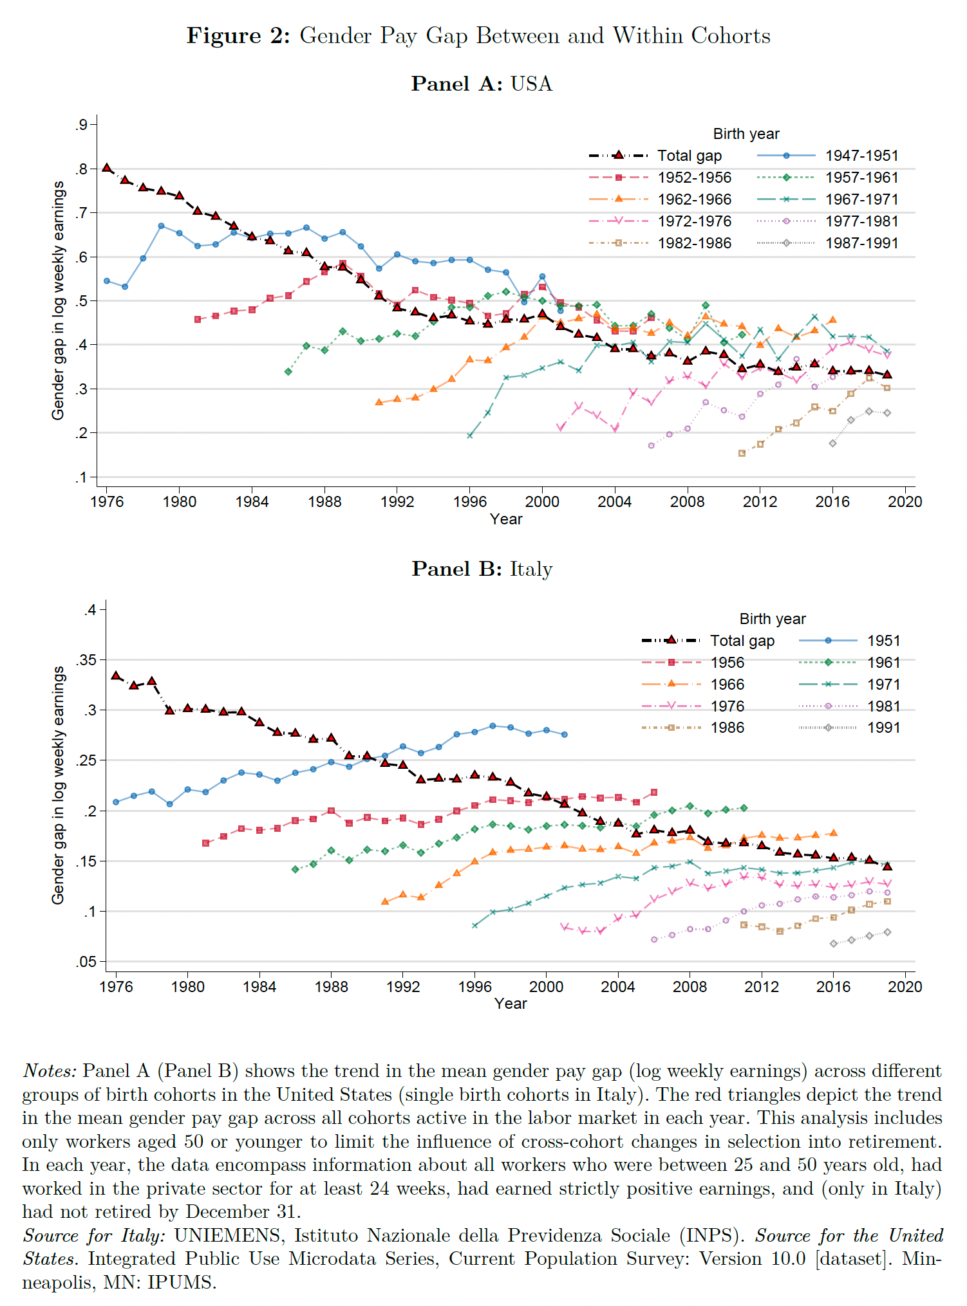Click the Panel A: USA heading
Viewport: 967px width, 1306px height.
[x=482, y=84]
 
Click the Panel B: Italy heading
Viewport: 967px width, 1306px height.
[x=482, y=569]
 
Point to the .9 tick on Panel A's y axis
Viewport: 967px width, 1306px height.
[x=81, y=125]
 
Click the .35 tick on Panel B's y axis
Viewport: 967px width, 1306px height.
[x=86, y=660]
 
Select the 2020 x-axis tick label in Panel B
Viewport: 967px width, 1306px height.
[x=905, y=987]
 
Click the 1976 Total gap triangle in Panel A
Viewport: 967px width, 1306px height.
[x=107, y=168]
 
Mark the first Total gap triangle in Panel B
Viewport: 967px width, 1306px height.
[x=116, y=676]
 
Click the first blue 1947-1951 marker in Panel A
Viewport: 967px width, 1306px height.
[x=107, y=281]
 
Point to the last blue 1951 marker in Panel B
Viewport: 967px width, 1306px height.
[x=565, y=734]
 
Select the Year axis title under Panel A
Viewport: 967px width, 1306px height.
[x=505, y=519]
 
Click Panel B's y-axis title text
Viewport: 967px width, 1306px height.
[x=58, y=785]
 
